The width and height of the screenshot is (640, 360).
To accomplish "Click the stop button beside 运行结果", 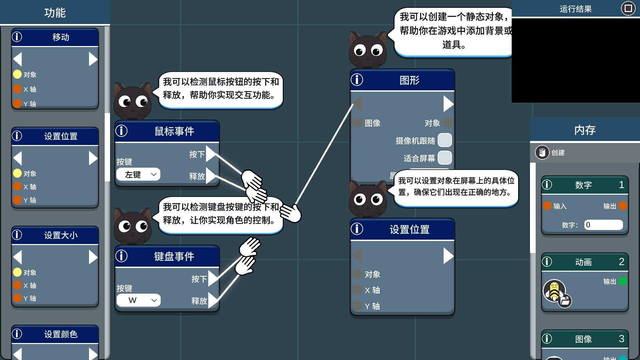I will coord(628,8).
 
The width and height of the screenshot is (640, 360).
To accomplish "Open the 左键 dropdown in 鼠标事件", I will coord(138,174).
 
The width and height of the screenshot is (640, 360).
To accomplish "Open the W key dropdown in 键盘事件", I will coord(138,300).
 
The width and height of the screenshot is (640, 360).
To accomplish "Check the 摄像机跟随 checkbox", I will coord(445,140).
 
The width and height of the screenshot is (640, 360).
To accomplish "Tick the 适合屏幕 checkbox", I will coord(445,158).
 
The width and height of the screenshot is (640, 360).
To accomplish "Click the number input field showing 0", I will coord(603,225).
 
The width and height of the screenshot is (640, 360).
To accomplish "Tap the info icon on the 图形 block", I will coord(357,80).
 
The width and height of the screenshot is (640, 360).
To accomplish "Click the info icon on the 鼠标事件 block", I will coord(121,131).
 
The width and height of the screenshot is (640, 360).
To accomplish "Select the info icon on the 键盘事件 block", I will coord(121,256).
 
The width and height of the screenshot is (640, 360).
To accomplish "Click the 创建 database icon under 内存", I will coord(542,152).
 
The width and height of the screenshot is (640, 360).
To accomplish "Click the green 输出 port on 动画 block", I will coord(622,281).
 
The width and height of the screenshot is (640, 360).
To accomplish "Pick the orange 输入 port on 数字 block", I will coord(547,206).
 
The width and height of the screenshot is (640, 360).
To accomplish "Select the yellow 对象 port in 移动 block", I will coord(17,74).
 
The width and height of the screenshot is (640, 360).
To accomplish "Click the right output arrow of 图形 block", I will coord(448,104).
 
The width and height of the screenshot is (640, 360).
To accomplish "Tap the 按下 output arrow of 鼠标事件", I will coord(211,154).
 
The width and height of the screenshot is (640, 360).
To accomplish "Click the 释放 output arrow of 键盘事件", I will coord(213,300).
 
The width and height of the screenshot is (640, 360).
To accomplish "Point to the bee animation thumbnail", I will coord(554,291).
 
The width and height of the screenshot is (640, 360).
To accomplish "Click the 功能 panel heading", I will coord(55,13).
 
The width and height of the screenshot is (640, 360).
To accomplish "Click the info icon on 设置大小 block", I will coord(17,235).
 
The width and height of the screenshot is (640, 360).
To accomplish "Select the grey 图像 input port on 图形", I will coord(357,123).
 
